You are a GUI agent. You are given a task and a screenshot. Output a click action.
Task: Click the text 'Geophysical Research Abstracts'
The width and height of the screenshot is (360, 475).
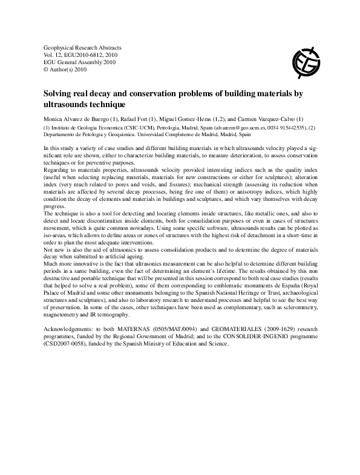[x=83, y=47]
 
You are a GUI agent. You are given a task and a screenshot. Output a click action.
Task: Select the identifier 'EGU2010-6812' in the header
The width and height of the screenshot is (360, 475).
[x=76, y=54]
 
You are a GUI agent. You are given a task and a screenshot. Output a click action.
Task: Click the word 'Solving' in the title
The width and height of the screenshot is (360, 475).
[x=59, y=94]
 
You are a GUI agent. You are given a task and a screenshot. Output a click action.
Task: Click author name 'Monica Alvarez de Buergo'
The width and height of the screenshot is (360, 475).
[x=79, y=119]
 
